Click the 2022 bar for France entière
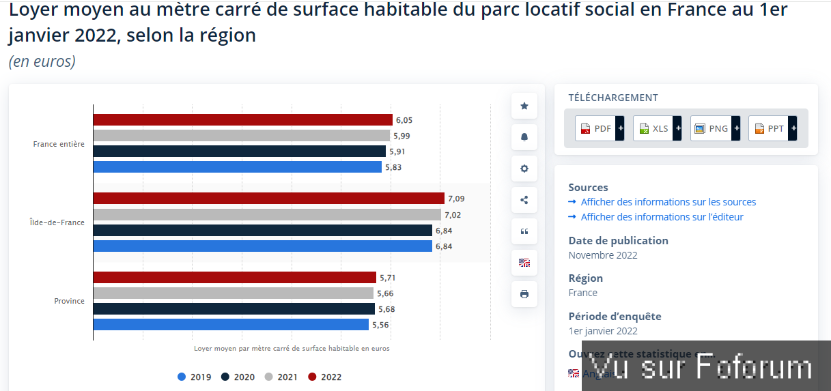[242, 120]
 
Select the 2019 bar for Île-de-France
[263, 246]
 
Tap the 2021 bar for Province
[233, 293]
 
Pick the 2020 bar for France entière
[239, 151]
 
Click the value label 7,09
[456, 199]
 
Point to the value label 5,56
[380, 325]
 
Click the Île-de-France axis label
[57, 222]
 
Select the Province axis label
[70, 301]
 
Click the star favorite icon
[524, 106]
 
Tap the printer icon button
[524, 295]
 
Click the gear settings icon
[524, 169]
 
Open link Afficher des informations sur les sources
[668, 202]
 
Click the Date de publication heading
[618, 241]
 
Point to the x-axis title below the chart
[292, 348]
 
